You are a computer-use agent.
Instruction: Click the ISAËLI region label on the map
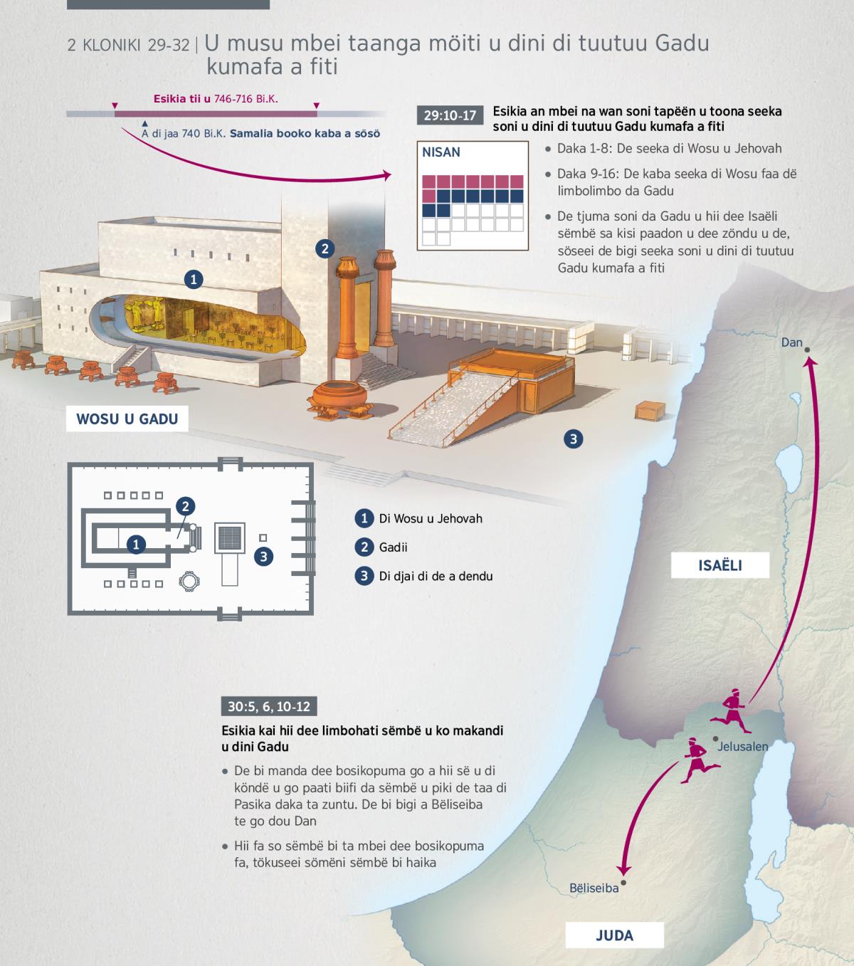coord(719,565)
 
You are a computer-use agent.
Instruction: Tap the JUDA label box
coord(614,935)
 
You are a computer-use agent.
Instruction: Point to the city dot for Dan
coord(807,350)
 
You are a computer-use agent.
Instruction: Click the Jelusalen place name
coord(742,746)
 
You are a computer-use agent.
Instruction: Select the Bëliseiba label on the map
coord(594,888)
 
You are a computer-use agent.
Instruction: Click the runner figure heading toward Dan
coord(731,710)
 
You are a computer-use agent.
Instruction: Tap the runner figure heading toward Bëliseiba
coord(700,760)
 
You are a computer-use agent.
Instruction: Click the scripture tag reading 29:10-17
coord(450,115)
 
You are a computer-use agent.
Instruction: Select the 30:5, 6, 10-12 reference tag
coord(269,706)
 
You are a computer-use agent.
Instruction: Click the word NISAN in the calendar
coord(441,152)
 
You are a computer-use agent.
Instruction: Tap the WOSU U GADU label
coord(127,419)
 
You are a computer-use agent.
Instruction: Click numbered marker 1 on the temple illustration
coord(194,279)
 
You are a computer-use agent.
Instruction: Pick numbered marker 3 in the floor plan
coord(264,556)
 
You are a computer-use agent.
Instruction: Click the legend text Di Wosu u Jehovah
coord(431,518)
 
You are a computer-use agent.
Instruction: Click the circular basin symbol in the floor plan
coord(189,581)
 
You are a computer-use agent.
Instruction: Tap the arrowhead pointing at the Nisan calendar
coord(386,175)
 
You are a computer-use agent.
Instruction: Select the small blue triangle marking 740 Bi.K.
coord(145,124)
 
